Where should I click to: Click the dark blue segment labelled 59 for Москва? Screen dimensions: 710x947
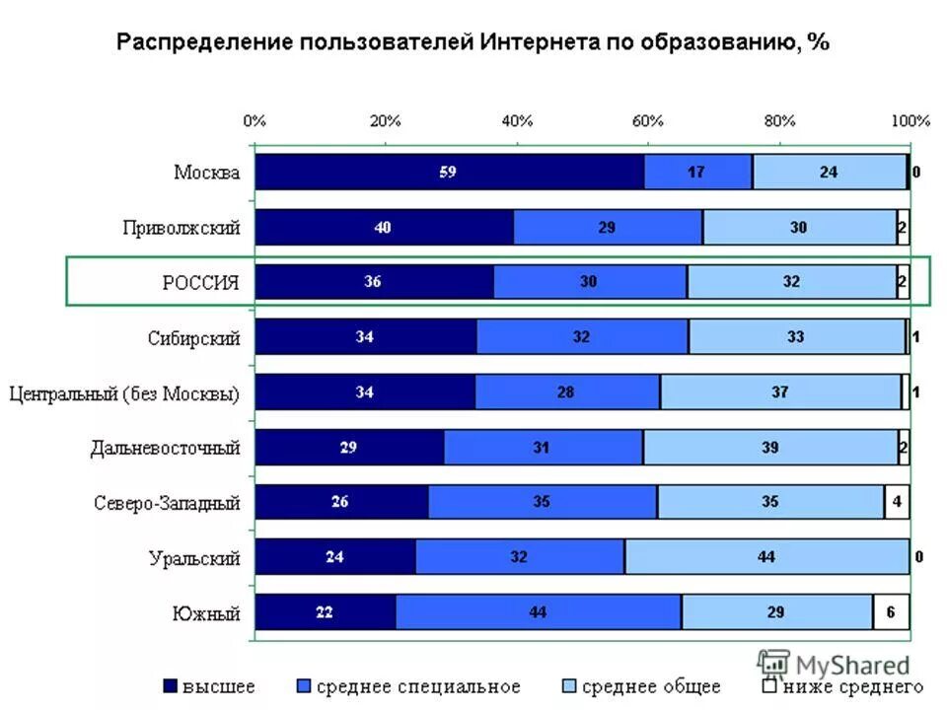[x=449, y=172]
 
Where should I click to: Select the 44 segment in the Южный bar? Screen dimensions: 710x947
[x=538, y=612]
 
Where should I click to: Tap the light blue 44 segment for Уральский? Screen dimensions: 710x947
[x=766, y=557]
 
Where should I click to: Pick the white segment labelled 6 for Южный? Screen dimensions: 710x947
[x=891, y=612]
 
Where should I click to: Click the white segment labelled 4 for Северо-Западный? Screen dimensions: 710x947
[x=896, y=502]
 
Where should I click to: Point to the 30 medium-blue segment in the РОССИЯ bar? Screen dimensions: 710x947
[x=589, y=282]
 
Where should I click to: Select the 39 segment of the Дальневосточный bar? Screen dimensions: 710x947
[x=770, y=447]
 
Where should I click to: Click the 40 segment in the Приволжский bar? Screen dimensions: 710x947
[x=384, y=227]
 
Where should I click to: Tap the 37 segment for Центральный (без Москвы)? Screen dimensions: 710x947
[x=779, y=391]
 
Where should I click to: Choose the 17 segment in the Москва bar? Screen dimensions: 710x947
[x=697, y=172]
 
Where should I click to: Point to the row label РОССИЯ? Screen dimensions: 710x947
[x=201, y=283]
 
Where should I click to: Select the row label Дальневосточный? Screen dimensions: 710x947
[x=166, y=448]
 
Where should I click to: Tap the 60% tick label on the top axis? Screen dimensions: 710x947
[x=648, y=121]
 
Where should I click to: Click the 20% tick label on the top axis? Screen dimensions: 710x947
[x=386, y=121]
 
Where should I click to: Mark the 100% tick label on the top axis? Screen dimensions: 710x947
[x=911, y=121]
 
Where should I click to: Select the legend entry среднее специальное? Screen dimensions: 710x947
[x=408, y=686]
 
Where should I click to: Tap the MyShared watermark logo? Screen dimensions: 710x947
[x=834, y=664]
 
